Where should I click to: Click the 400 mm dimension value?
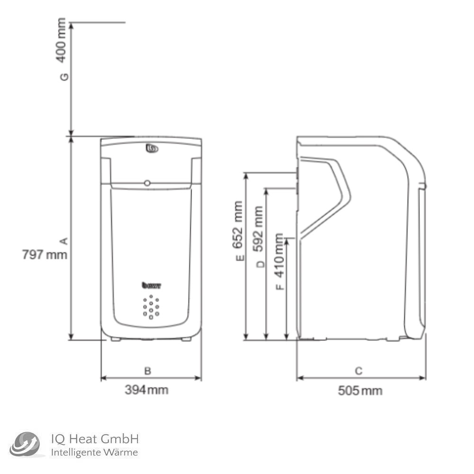pyautogui.click(x=62, y=40)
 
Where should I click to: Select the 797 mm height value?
pyautogui.click(x=45, y=255)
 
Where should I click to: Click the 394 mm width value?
pyautogui.click(x=146, y=390)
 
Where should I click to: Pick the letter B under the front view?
pyautogui.click(x=147, y=371)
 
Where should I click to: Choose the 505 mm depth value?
pyautogui.click(x=360, y=391)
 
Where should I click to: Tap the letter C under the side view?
pyautogui.click(x=358, y=371)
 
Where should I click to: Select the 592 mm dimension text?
pyautogui.click(x=259, y=230)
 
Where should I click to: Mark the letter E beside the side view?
pyautogui.click(x=240, y=258)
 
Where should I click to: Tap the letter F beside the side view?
pyautogui.click(x=280, y=286)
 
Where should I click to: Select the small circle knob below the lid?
pyautogui.click(x=147, y=183)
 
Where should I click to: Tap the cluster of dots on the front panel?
pyautogui.click(x=151, y=307)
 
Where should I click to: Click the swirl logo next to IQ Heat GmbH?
pyautogui.click(x=26, y=445)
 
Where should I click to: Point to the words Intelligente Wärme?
pyautogui.click(x=94, y=453)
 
